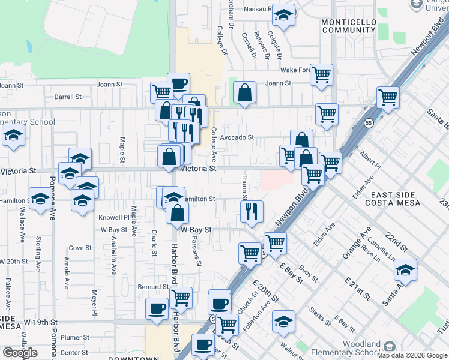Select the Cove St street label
[x=80, y=247]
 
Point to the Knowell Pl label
[x=114, y=217]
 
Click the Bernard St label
[x=150, y=287]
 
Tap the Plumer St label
[x=74, y=338]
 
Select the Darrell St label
[x=67, y=97]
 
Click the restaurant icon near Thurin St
[x=252, y=211]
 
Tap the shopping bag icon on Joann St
[x=244, y=92]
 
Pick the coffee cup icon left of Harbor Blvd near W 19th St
[x=157, y=308]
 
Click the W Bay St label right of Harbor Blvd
[x=197, y=230]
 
